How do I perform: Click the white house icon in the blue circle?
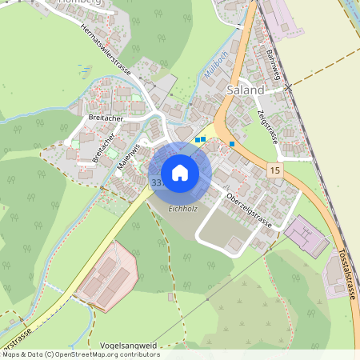(x=180, y=173)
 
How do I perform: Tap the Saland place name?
(x=245, y=90)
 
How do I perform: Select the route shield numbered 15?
(x=275, y=171)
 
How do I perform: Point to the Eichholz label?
(x=182, y=210)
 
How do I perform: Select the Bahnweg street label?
(x=273, y=66)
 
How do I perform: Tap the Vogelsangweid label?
(x=129, y=346)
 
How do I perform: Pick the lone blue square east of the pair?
(x=232, y=144)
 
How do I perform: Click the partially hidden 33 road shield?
(x=155, y=182)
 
